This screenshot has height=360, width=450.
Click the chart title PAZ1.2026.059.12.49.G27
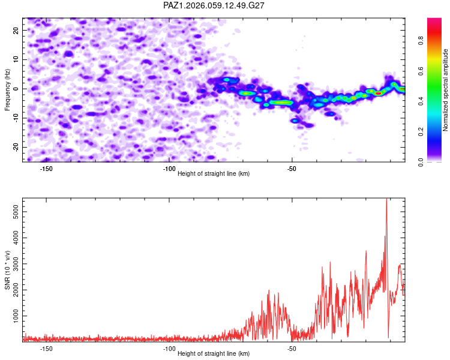[x=214, y=5]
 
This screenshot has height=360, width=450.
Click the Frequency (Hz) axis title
[x=7, y=90]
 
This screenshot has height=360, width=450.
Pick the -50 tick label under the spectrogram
[x=292, y=168]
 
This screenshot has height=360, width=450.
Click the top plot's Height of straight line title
[x=214, y=174]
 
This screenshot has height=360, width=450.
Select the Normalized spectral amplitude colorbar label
[x=446, y=90]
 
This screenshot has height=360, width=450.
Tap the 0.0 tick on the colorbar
[x=438, y=161]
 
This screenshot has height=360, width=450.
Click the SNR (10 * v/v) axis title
[x=7, y=270]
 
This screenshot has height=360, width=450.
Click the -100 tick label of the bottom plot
[x=169, y=348]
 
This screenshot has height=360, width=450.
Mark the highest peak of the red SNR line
[x=386, y=199]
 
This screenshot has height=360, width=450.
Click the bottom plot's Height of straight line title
[x=214, y=354]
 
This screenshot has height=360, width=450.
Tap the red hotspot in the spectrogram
[x=378, y=93]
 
